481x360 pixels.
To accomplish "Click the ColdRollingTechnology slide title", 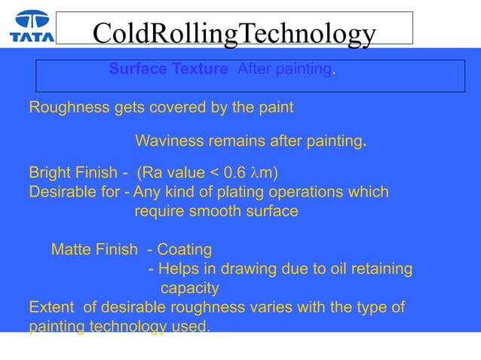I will [x=234, y=33].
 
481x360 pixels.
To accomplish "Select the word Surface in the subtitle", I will [x=136, y=69].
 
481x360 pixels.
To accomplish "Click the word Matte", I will [x=72, y=249].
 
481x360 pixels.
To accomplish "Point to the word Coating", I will [x=185, y=249].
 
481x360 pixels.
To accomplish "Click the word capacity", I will [x=190, y=288].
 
